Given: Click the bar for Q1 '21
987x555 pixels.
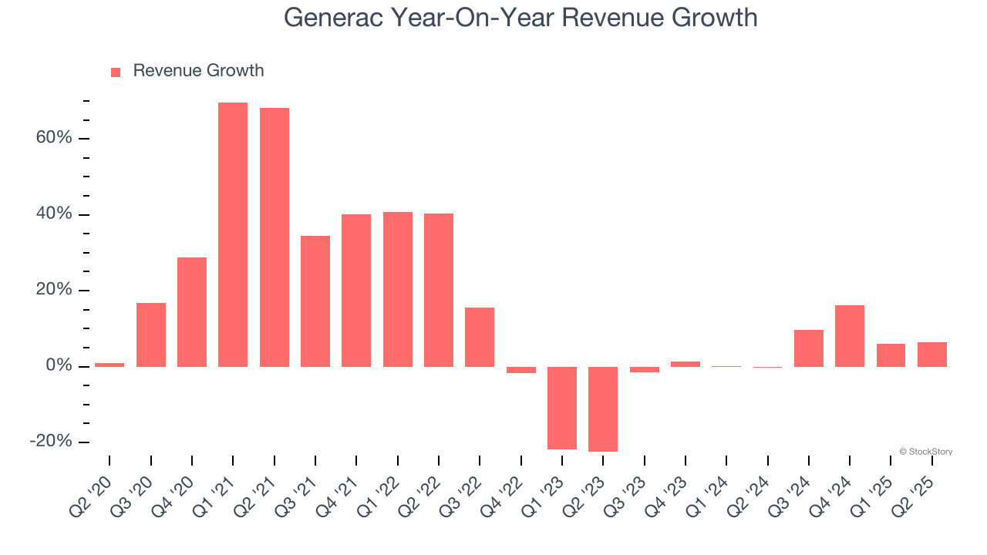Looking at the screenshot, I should pyautogui.click(x=233, y=234).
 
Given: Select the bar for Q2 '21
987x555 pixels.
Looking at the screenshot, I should pyautogui.click(x=275, y=237).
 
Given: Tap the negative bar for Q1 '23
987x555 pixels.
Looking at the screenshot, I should pyautogui.click(x=562, y=408).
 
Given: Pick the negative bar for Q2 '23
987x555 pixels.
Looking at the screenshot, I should pyautogui.click(x=603, y=409).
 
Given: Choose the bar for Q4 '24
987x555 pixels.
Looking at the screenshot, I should pyautogui.click(x=850, y=336).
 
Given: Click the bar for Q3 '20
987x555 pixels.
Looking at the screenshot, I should pyautogui.click(x=151, y=335).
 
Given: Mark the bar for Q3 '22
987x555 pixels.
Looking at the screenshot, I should pyautogui.click(x=480, y=337).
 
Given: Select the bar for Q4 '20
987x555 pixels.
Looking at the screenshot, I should pyautogui.click(x=192, y=312).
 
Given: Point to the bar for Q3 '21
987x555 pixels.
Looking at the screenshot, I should pyautogui.click(x=315, y=301).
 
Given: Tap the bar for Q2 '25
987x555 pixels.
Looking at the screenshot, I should pyautogui.click(x=932, y=355).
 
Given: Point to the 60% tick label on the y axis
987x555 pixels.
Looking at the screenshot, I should pyautogui.click(x=53, y=138).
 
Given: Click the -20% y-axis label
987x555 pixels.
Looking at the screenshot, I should pyautogui.click(x=51, y=442).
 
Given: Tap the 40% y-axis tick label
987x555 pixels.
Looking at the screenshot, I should pyautogui.click(x=53, y=214).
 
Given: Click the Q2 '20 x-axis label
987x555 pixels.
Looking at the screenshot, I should pyautogui.click(x=91, y=493).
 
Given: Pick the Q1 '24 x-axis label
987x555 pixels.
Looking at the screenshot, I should pyautogui.click(x=709, y=493).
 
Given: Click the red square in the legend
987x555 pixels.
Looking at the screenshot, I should pyautogui.click(x=116, y=72).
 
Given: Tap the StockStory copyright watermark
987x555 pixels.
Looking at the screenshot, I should pyautogui.click(x=925, y=452).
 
